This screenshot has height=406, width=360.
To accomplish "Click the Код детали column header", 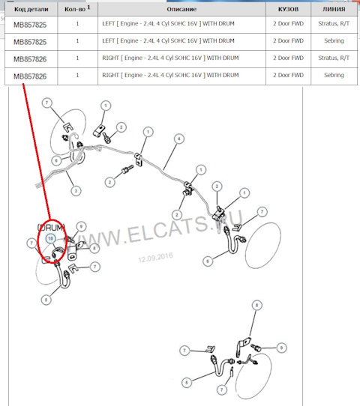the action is (x=31, y=9).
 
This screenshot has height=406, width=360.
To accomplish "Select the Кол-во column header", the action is (x=77, y=9).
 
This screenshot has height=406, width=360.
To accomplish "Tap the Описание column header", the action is (x=181, y=9).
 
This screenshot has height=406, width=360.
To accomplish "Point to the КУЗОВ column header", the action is (x=288, y=9).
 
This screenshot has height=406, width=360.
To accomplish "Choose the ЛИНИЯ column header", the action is (x=334, y=9).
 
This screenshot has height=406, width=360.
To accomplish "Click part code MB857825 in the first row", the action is (x=30, y=25).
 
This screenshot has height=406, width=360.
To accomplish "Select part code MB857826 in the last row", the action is (x=30, y=76).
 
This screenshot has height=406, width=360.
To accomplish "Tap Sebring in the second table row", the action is (x=334, y=40).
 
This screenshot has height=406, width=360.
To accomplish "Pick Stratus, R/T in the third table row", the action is (x=334, y=58).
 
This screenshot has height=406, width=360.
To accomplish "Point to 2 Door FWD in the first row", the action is (x=288, y=23).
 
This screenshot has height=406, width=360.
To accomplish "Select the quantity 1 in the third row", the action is (x=77, y=58).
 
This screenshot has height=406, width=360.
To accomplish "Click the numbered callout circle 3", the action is (x=76, y=191).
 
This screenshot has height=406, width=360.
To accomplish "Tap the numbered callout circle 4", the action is (x=179, y=139).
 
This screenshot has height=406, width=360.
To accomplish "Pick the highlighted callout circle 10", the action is (x=50, y=238).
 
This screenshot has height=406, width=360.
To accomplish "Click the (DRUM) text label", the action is (x=51, y=228).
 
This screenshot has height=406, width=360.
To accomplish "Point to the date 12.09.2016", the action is (x=155, y=258).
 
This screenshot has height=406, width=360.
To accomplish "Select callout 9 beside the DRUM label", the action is (x=82, y=226).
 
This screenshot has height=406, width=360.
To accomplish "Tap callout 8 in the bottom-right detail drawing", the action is (x=256, y=306).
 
